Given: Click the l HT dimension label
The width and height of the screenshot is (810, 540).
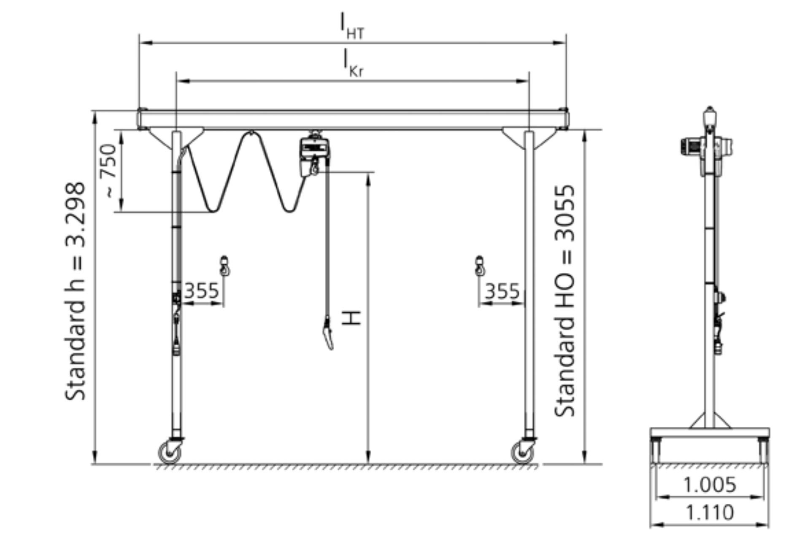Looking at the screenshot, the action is [x=352, y=26].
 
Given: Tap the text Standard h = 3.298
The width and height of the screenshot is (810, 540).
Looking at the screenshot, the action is [x=76, y=291].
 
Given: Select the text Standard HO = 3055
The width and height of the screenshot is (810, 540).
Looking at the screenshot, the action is [x=565, y=301].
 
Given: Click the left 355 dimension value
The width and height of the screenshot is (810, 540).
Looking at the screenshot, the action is [x=202, y=291].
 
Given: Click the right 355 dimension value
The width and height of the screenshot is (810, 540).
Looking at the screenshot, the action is [x=502, y=291].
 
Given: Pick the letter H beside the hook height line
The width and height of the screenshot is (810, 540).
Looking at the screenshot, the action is [x=351, y=317].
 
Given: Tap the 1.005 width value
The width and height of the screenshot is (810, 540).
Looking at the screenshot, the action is [x=710, y=485].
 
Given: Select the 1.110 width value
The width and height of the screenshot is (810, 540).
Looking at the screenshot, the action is [x=710, y=513].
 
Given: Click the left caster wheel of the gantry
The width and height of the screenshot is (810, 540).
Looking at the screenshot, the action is [x=170, y=453].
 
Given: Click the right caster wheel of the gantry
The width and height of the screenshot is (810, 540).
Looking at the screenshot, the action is [x=523, y=453].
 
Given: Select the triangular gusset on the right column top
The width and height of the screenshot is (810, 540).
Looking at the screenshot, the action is [x=529, y=137].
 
